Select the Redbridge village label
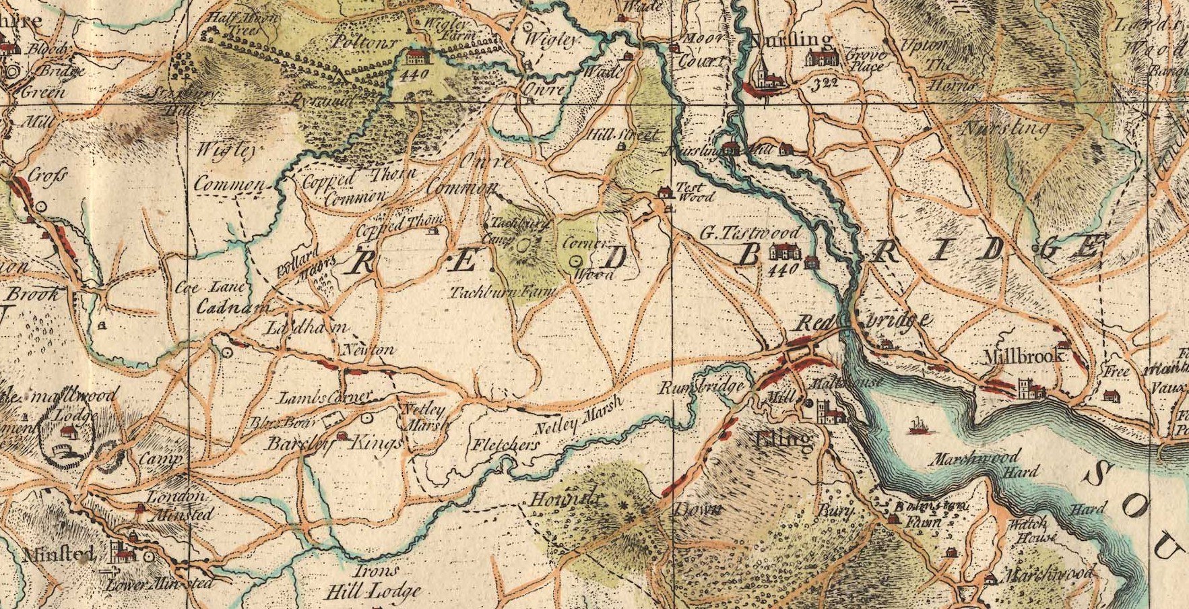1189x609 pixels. pyautogui.click(x=864, y=321)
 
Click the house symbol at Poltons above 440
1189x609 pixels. pyautogui.click(x=418, y=55)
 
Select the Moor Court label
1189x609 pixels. pyautogui.click(x=704, y=51)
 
